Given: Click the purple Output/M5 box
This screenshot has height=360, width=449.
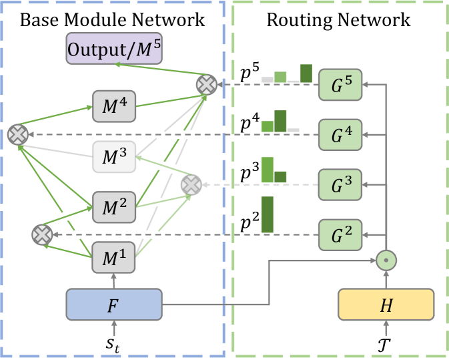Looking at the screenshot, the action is pos(114,49).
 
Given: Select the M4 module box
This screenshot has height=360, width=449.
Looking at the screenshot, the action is pos(114,106).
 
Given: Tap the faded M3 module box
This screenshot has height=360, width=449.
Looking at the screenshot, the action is pos(114,157).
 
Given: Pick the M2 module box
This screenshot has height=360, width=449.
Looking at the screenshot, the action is pos(114,207).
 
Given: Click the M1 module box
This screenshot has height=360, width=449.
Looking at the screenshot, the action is pos(113,257).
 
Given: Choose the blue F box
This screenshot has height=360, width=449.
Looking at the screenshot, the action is pos(114,305).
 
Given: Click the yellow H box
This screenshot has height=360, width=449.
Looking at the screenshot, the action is pos(386,305).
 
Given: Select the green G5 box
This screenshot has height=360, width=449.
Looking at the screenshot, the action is pos(340,85).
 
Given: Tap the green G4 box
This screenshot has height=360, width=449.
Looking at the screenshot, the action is pos(340,135).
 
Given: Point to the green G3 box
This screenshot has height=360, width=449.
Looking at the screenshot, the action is pos(340,184).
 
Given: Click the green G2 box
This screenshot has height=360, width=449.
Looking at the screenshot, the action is pos(340,235).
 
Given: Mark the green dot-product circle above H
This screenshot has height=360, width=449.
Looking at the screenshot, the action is pos(386,260).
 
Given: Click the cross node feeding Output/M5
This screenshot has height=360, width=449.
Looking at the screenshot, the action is pos(206,85).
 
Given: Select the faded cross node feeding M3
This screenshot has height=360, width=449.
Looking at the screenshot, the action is pos(191,185).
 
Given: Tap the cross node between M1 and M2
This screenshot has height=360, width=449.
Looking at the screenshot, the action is pos(42,235).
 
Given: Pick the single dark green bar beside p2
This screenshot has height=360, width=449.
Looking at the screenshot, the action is pos(268,214).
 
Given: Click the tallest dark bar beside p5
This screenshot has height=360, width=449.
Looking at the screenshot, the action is pos(306,73).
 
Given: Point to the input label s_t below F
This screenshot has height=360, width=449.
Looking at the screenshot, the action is pos(113,344).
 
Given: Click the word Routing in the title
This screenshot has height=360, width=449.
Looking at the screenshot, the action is pos(300,21).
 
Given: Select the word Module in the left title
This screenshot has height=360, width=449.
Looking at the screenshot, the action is pos(95,20).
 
